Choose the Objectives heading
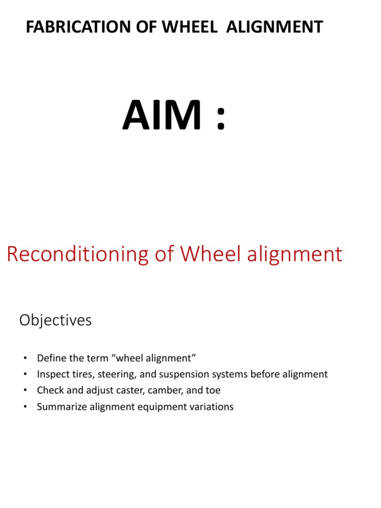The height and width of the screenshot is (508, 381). point(56,320)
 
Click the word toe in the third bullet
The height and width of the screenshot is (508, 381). point(213,390)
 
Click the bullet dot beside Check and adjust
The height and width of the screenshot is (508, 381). point(23,391)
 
